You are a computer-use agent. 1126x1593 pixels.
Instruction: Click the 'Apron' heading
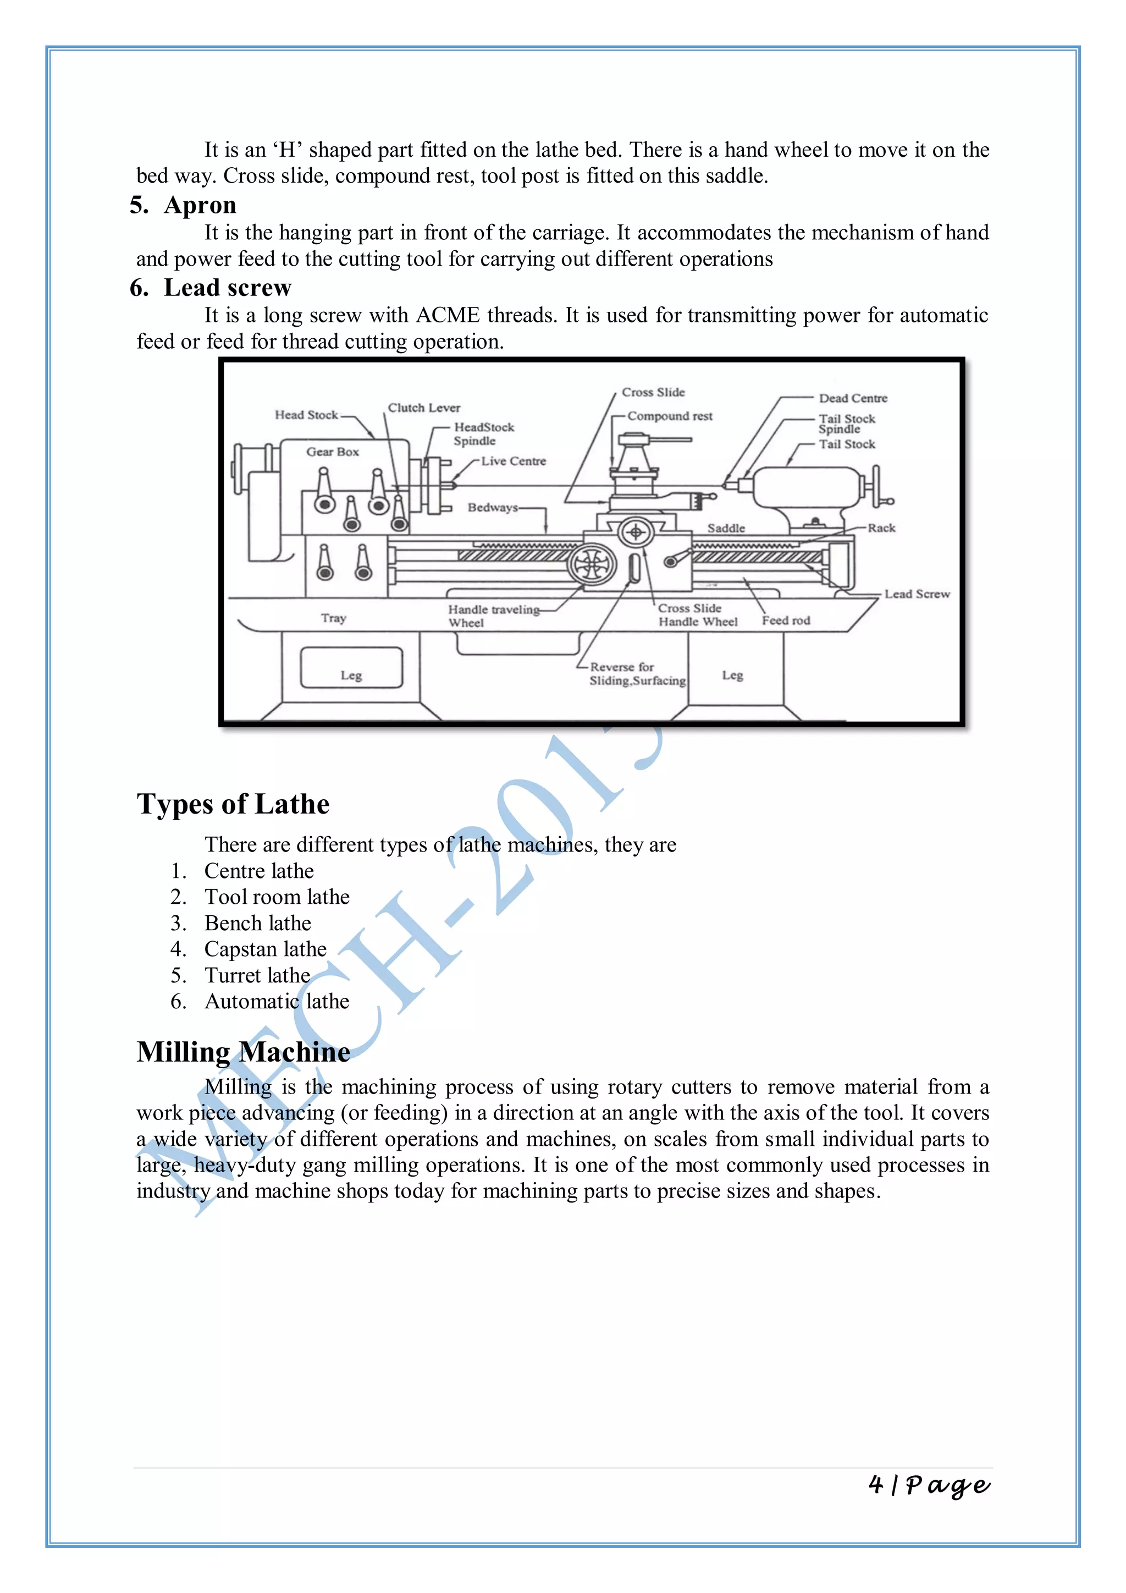coord(200,205)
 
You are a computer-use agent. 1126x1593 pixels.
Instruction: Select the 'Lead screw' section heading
coord(228,288)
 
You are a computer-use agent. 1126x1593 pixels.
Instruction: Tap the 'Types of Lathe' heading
coord(233,804)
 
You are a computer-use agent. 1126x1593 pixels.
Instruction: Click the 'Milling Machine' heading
coord(244,1052)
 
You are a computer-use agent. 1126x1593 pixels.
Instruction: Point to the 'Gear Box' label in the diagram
coord(333,452)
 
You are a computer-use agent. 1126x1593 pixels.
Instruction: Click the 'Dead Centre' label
coord(853,398)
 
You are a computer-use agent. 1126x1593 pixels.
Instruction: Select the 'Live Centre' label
coord(513,462)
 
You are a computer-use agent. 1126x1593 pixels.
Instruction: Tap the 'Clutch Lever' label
coord(424,408)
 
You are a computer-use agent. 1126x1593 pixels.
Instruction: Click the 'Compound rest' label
coord(670,416)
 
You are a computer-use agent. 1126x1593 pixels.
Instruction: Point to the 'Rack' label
coord(881,528)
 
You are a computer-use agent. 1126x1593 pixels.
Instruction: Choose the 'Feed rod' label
coord(786,620)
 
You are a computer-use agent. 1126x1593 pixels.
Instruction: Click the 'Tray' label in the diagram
coord(334,618)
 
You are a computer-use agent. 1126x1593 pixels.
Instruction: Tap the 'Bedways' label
coord(492,507)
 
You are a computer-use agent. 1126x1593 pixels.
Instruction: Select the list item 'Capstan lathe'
coord(265,949)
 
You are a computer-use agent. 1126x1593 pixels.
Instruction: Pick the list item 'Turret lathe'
coord(257,975)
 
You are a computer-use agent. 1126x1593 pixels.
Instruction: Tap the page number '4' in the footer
coord(876,1485)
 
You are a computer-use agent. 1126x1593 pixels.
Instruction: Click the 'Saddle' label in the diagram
coord(726,528)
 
